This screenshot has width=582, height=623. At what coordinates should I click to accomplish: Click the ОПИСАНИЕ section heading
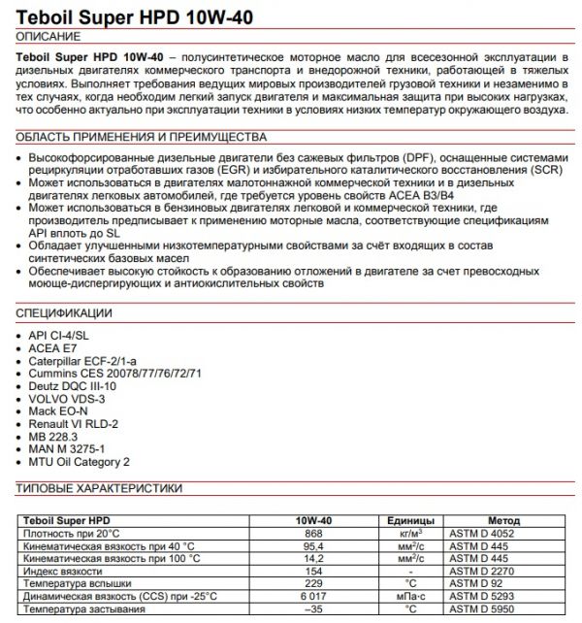tap(51, 36)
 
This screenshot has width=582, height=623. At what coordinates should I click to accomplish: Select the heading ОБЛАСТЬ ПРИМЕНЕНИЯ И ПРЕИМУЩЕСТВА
tap(142, 137)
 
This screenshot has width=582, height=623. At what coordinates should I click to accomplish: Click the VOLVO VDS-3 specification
tap(67, 398)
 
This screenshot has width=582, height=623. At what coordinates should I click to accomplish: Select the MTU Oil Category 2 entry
tap(79, 462)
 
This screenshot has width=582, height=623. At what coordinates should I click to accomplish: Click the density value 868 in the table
tap(313, 533)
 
